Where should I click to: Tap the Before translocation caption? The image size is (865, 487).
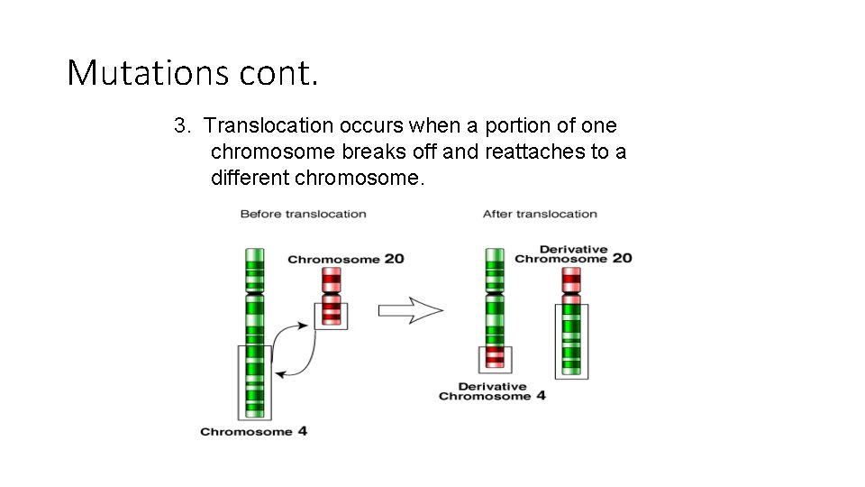(x=303, y=214)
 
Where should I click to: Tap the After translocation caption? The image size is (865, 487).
(x=540, y=214)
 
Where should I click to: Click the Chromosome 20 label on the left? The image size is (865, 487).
(x=346, y=259)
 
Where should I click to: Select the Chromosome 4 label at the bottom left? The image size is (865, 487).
(x=253, y=431)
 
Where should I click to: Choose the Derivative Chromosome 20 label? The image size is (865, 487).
(x=573, y=253)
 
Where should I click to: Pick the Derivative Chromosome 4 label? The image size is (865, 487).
(x=492, y=391)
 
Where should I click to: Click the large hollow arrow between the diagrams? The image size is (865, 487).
(x=410, y=310)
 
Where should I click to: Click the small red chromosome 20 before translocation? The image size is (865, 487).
(x=331, y=297)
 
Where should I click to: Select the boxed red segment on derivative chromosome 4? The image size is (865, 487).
(x=495, y=358)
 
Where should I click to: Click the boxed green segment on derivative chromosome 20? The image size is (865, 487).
(x=570, y=340)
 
